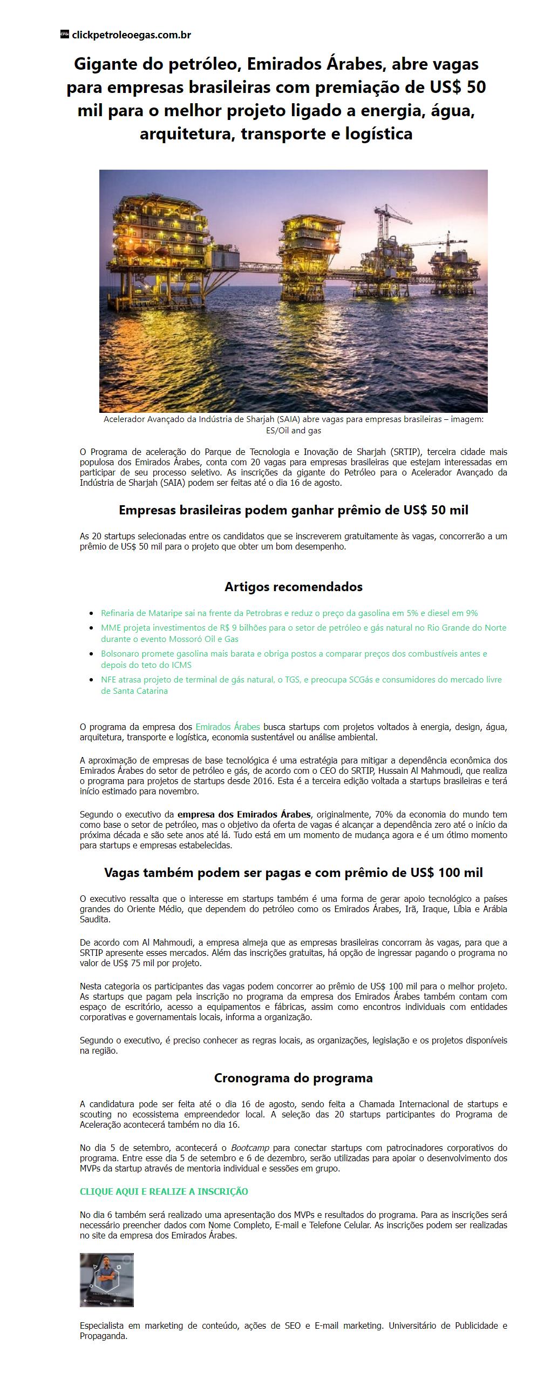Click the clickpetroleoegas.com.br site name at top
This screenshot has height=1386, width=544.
131,35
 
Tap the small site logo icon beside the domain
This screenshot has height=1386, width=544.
65,35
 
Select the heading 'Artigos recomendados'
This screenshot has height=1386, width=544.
293,586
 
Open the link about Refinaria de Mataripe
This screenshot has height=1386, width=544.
289,613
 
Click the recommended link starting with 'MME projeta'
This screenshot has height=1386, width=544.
303,628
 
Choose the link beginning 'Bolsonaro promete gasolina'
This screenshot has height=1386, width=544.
294,654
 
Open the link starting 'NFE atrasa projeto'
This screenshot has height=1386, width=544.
301,680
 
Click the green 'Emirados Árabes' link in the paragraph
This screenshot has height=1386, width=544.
227,727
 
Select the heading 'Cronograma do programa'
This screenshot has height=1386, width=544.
293,1078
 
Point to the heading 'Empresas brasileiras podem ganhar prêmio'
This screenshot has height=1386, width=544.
293,510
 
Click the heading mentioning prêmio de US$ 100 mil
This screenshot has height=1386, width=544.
293,872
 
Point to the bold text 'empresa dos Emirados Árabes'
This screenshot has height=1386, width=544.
244,814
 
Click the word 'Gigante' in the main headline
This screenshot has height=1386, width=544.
106,64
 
